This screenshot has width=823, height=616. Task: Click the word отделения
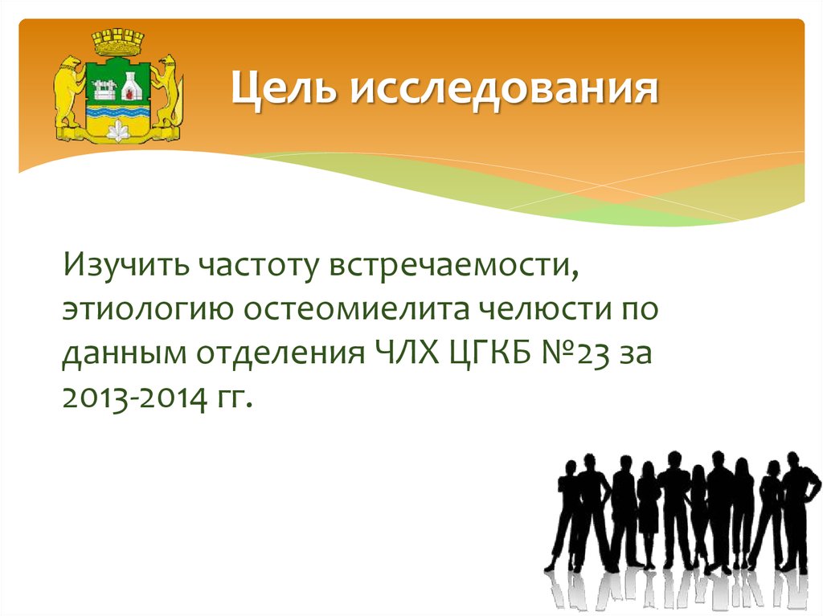point(284,353)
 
